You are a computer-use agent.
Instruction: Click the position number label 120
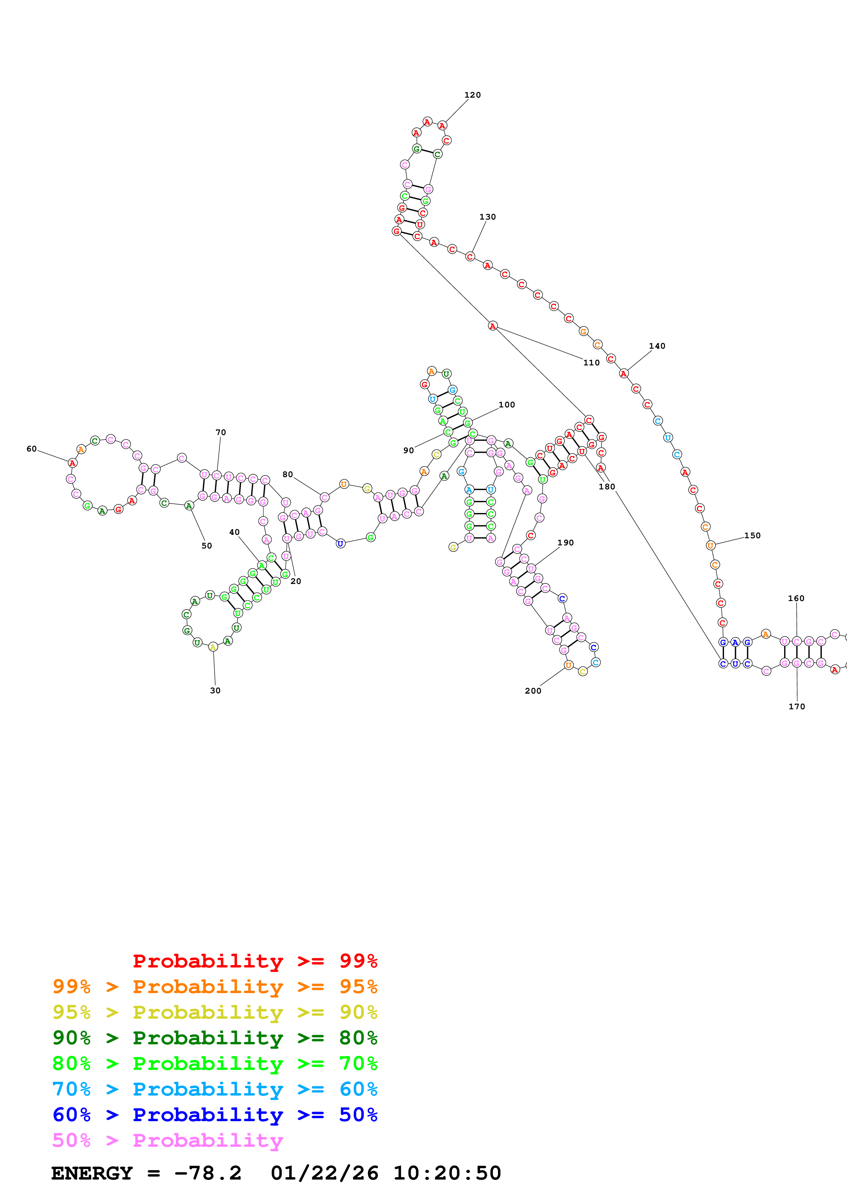pos(472,95)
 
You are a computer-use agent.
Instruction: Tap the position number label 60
pos(31,449)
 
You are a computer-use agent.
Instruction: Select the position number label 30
pos(215,690)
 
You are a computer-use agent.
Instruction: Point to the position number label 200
pos(533,691)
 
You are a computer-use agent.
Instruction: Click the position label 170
pos(796,707)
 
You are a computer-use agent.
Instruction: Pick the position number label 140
pos(657,346)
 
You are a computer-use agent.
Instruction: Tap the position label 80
pos(288,474)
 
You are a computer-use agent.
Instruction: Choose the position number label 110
pos(591,363)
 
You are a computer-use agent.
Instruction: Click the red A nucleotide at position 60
pos(72,463)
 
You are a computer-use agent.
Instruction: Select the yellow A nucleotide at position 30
pos(213,647)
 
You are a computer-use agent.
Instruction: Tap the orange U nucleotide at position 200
pos(568,665)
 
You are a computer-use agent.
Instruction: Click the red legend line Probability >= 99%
pos(255,961)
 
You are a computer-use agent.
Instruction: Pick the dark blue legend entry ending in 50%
pos(215,1115)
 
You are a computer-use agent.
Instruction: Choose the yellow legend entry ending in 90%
pos(215,1012)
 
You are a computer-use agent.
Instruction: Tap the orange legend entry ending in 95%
pos(215,987)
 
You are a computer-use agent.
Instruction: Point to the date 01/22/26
pos(325,1173)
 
